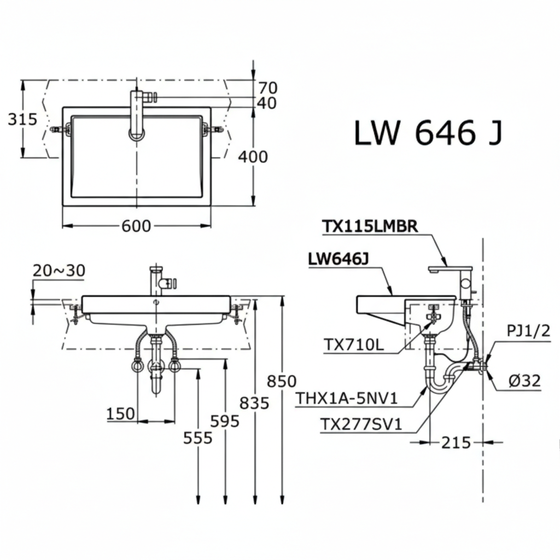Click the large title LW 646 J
click(x=427, y=133)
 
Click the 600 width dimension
click(x=136, y=225)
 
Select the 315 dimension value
click(x=22, y=119)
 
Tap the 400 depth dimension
click(x=253, y=157)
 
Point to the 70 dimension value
click(x=268, y=87)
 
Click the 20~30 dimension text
click(x=59, y=270)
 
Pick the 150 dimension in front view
click(x=121, y=413)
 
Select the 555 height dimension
click(x=197, y=437)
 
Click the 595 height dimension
click(x=225, y=421)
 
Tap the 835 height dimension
click(x=254, y=403)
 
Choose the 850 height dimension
click(x=282, y=381)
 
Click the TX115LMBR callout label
click(x=369, y=226)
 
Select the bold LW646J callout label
click(x=338, y=260)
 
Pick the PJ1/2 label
click(x=525, y=330)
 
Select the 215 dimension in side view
click(x=455, y=442)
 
